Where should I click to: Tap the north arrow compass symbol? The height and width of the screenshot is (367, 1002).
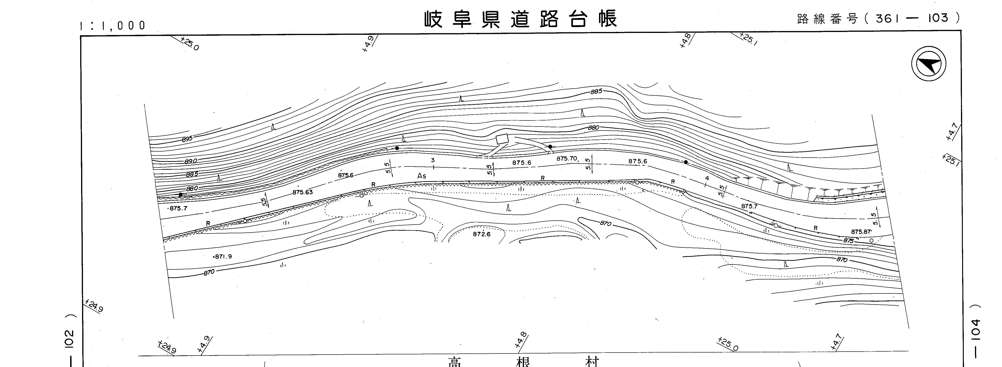pyautogui.click(x=929, y=64)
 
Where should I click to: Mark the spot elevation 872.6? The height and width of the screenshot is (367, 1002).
pyautogui.click(x=482, y=234)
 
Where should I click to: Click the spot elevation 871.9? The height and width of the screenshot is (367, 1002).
pyautogui.click(x=223, y=256)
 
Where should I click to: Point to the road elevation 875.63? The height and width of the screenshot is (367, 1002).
pyautogui.click(x=302, y=192)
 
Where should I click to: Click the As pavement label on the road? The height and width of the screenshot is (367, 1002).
pyautogui.click(x=422, y=176)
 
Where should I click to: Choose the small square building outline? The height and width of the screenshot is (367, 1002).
pyautogui.click(x=502, y=139)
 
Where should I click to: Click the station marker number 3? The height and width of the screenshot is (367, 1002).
pyautogui.click(x=433, y=160)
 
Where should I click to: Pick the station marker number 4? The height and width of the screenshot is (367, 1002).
pyautogui.click(x=707, y=178)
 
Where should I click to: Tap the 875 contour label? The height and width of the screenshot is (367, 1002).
pyautogui.click(x=848, y=241)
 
